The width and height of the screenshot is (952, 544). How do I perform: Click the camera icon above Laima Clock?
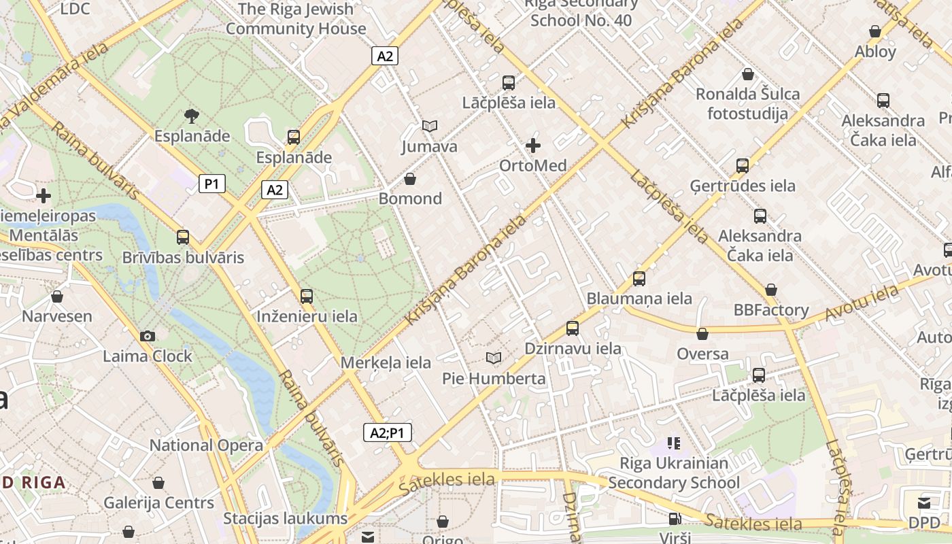[147, 336]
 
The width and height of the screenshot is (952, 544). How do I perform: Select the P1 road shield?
[212, 184]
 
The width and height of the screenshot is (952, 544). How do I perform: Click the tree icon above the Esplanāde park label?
[192, 116]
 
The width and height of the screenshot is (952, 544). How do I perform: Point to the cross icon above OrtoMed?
[533, 145]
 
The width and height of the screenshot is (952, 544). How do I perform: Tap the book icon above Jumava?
[429, 126]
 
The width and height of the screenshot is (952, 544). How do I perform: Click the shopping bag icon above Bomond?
[410, 179]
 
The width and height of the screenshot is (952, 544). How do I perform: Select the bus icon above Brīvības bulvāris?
[183, 237]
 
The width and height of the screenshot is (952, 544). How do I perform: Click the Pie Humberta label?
[494, 378]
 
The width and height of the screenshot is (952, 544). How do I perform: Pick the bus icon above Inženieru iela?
[307, 296]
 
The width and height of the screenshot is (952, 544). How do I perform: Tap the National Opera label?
[206, 445]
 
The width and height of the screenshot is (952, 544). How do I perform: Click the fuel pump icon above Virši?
[675, 519]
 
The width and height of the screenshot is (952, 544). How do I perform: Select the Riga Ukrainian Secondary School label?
[674, 473]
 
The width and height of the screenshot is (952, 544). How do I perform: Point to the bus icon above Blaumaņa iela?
[639, 278]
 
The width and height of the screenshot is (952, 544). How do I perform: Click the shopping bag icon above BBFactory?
[771, 290]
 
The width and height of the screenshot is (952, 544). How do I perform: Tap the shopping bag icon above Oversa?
[702, 334]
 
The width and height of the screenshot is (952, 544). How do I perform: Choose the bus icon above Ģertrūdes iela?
[743, 165]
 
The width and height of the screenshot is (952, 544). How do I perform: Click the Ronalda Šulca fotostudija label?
[747, 103]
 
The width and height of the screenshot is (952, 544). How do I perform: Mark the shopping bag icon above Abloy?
[875, 31]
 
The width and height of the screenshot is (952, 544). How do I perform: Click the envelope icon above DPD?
[924, 503]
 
